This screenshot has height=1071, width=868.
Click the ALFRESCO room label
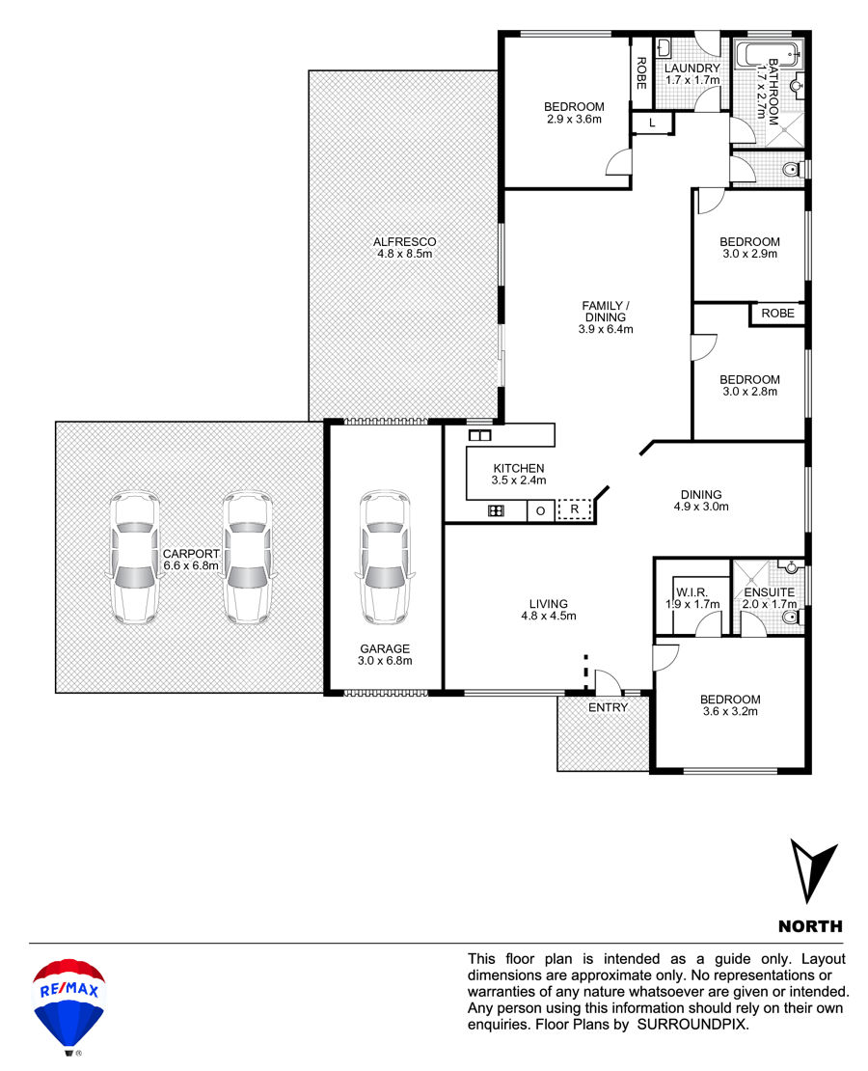[x=404, y=242]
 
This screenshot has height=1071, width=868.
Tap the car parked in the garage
[x=385, y=558]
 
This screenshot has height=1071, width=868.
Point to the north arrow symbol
[x=813, y=870]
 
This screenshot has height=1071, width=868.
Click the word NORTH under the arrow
[x=811, y=926]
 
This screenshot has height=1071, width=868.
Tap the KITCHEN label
[x=519, y=469]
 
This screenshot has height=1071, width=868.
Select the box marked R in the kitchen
[x=575, y=508]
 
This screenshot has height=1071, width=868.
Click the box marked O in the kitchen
[x=540, y=511]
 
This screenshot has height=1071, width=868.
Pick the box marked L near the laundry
[x=652, y=123]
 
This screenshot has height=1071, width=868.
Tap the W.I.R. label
[x=692, y=592]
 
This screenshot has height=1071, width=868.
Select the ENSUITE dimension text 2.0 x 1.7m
[x=770, y=604]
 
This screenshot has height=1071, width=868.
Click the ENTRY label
[x=608, y=707]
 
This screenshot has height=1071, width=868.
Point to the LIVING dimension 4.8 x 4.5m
[x=549, y=616]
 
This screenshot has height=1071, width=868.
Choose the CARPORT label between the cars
[x=191, y=554]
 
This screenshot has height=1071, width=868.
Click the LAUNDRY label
[x=692, y=69]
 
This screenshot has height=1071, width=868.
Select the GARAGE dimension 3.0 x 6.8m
[x=385, y=661]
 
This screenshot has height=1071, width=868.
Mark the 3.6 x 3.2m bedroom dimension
[x=730, y=711]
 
